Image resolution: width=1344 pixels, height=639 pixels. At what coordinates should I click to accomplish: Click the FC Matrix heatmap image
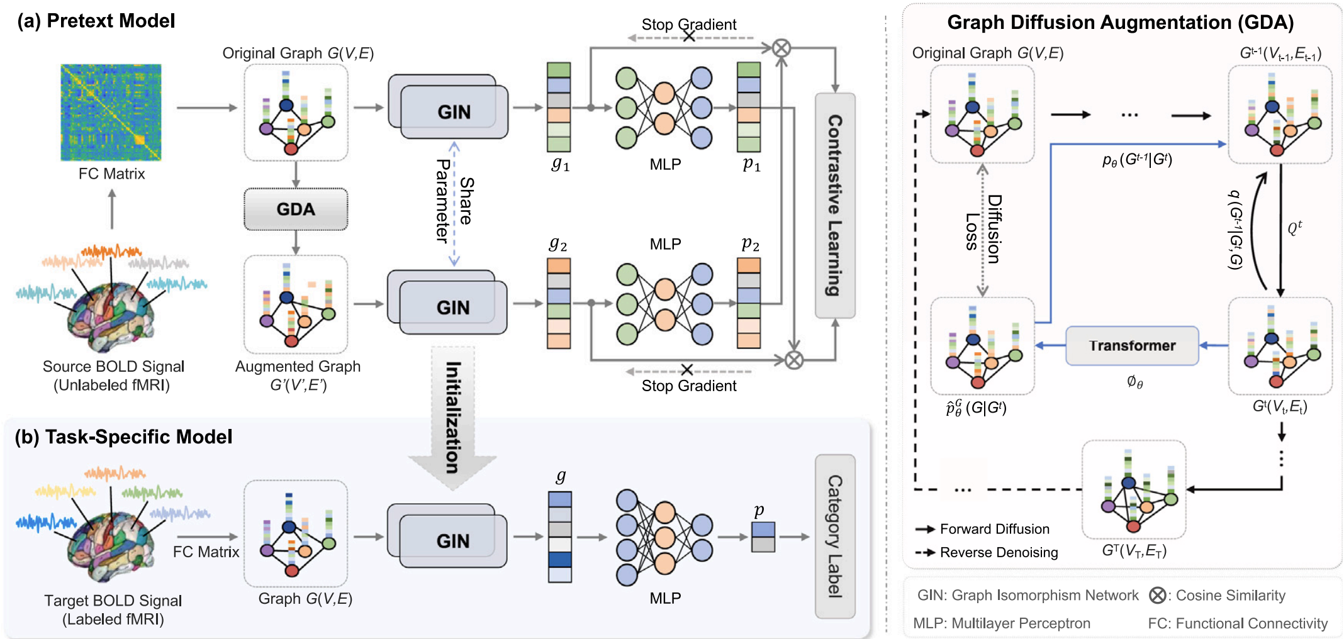tap(111, 112)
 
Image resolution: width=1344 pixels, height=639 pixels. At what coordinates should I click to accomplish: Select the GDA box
tap(296, 209)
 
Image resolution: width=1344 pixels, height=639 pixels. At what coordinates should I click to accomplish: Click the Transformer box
tap(1132, 345)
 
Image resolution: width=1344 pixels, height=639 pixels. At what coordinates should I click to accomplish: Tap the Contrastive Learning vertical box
tap(835, 205)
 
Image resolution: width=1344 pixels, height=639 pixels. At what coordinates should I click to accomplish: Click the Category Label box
tap(835, 536)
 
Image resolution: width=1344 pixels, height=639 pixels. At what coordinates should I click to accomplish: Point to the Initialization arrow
tap(452, 418)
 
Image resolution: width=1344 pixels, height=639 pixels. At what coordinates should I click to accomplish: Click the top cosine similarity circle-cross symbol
tap(781, 48)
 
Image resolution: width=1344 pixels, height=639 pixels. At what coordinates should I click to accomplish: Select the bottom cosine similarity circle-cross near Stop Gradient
tap(794, 360)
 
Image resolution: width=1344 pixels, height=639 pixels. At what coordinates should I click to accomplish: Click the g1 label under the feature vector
tap(560, 164)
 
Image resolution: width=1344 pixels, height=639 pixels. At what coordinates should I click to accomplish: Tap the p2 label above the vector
tap(750, 243)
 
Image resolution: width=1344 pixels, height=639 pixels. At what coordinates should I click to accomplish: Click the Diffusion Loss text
tap(983, 230)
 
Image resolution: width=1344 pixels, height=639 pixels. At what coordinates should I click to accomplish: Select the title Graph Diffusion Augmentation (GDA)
tap(1120, 23)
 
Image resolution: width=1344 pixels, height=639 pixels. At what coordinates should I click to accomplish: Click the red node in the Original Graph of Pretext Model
tap(291, 149)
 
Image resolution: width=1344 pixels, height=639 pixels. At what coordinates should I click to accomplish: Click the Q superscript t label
tap(1294, 227)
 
